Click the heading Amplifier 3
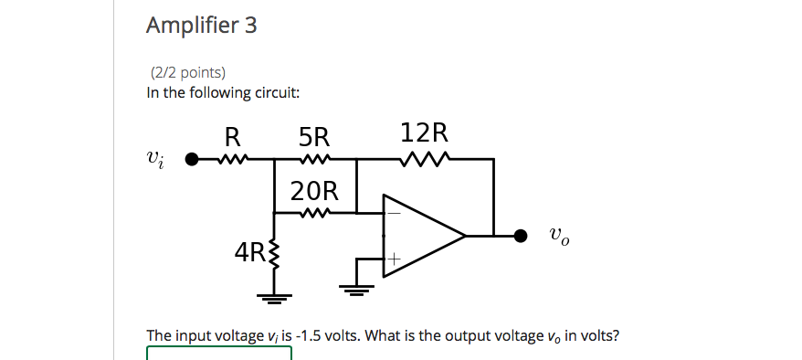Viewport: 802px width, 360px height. click(201, 26)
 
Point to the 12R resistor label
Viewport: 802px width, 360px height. click(425, 133)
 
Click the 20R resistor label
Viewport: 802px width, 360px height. click(314, 192)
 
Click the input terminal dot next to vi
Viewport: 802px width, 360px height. click(191, 160)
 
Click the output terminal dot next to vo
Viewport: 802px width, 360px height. click(521, 236)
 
